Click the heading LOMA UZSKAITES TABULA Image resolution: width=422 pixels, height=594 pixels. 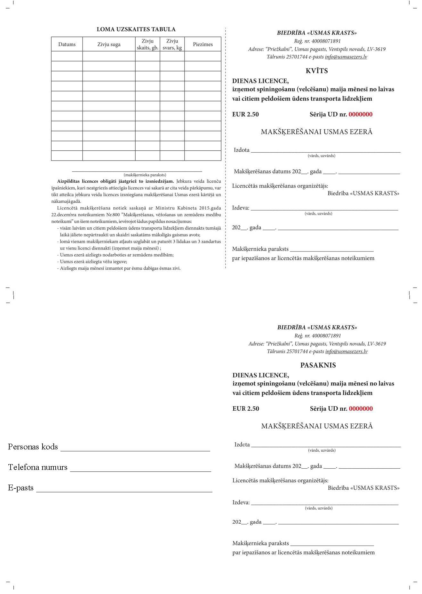pyautogui.click(x=136, y=29)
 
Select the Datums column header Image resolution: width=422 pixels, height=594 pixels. pyautogui.click(x=67, y=44)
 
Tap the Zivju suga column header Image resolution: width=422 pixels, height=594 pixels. pyautogui.click(x=109, y=44)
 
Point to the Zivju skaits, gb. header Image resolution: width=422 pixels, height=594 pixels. pyautogui.click(x=147, y=44)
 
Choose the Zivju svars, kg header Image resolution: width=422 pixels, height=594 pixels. pyautogui.click(x=172, y=44)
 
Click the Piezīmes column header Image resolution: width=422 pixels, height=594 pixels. pyautogui.click(x=203, y=44)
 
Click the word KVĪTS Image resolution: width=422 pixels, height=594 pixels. pyautogui.click(x=317, y=71)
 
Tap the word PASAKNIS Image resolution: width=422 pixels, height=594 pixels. pyautogui.click(x=318, y=365)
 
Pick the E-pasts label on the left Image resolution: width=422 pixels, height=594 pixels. pyautogui.click(x=21, y=488)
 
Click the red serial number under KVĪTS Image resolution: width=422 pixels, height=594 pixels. pyautogui.click(x=361, y=115)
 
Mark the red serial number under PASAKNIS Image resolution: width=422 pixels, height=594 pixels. pyautogui.click(x=361, y=409)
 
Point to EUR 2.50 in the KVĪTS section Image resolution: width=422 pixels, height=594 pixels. pyautogui.click(x=245, y=115)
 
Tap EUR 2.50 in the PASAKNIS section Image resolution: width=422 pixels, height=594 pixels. pyautogui.click(x=246, y=409)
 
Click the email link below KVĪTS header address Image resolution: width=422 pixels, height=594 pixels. pyautogui.click(x=346, y=57)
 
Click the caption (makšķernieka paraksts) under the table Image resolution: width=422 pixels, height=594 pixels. pyautogui.click(x=145, y=175)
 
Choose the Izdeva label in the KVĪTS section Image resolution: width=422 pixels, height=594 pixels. pyautogui.click(x=241, y=208)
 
